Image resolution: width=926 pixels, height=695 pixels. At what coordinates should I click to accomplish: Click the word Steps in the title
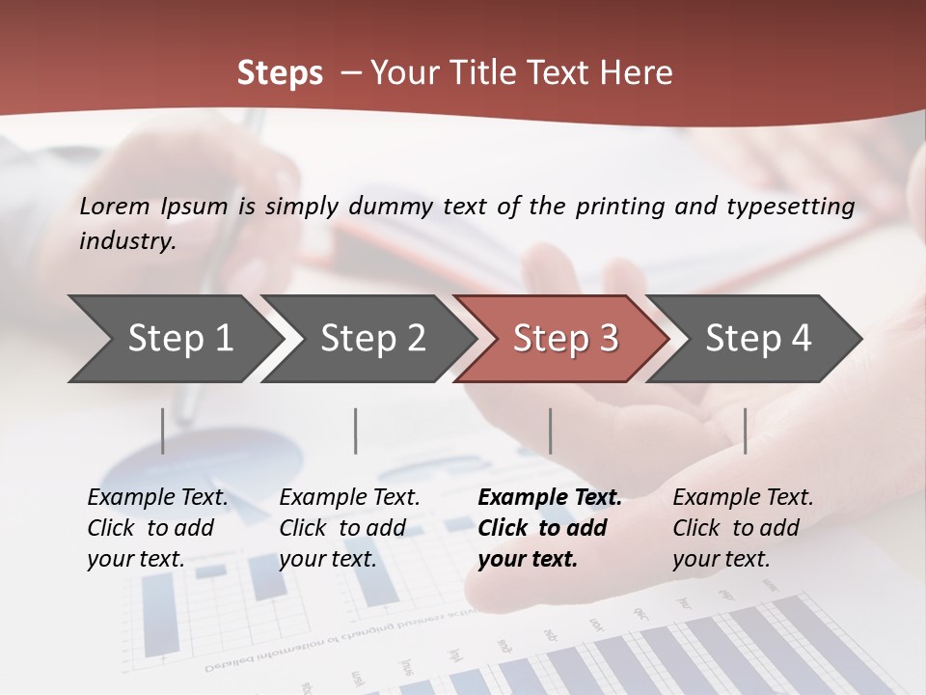[280, 73]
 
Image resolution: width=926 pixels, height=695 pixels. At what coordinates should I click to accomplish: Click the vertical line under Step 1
[162, 431]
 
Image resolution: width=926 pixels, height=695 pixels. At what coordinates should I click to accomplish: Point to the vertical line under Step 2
[356, 431]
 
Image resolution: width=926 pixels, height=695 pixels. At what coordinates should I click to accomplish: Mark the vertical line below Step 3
[550, 431]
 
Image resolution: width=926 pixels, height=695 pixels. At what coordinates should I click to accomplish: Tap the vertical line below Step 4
[745, 431]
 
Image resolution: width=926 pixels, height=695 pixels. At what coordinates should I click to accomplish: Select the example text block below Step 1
[157, 528]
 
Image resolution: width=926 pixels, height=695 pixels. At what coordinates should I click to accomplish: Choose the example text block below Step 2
[349, 528]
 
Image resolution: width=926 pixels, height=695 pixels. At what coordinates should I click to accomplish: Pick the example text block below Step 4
[743, 528]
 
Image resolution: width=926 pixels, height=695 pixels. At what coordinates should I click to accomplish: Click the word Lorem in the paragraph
[115, 206]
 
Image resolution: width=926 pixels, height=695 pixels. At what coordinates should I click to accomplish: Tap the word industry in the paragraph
[127, 240]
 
